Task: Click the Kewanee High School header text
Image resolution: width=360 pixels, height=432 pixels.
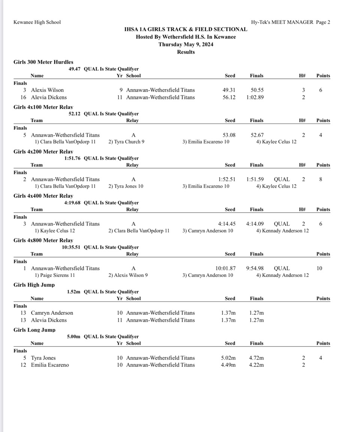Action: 37,22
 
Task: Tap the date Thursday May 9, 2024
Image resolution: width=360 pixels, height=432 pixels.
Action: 186,44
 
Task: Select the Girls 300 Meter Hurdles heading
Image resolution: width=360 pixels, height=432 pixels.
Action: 43,62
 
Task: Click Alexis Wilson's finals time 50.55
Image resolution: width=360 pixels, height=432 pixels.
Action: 257,90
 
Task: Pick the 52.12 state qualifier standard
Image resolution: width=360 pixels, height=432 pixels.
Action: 75,114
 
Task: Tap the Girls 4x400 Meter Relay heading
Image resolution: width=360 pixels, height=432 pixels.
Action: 43,196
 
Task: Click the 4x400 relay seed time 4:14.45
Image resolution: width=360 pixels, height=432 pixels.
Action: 227,224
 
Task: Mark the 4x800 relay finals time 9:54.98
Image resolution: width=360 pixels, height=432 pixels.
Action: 255,268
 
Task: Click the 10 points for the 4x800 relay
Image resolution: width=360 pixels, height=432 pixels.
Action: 319,268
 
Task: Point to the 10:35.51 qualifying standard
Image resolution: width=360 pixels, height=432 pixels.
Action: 71,247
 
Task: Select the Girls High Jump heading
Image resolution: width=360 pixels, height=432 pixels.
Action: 34,285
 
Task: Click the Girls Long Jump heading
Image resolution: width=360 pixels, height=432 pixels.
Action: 34,330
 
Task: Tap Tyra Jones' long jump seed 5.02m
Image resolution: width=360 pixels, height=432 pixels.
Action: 228,358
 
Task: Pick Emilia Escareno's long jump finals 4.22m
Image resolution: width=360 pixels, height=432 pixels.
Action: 256,365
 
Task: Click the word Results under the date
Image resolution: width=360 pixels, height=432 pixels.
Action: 186,52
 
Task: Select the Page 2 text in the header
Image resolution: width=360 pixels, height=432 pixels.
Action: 323,22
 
